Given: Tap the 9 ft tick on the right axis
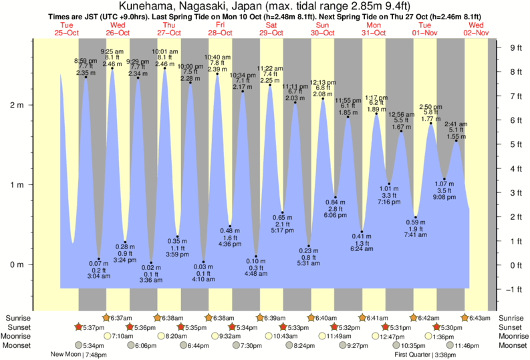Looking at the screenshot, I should (x=515, y=47).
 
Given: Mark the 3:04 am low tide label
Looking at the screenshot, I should (x=98, y=275).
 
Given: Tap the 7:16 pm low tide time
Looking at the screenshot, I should (x=389, y=202).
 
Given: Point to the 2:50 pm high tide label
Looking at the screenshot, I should (x=430, y=107).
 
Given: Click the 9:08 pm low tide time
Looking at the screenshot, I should (x=444, y=197).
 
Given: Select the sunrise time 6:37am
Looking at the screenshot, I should (x=122, y=318).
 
